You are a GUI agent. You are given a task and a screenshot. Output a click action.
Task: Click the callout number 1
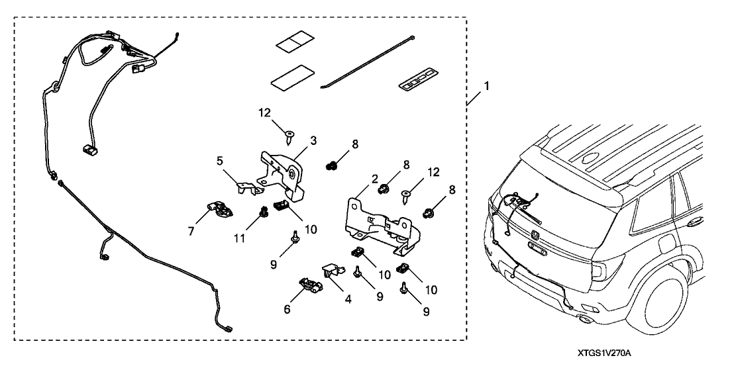point(487,86)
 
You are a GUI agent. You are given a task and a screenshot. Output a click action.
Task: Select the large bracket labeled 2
point(380,222)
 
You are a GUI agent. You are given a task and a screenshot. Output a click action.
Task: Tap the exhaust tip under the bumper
point(586,322)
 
